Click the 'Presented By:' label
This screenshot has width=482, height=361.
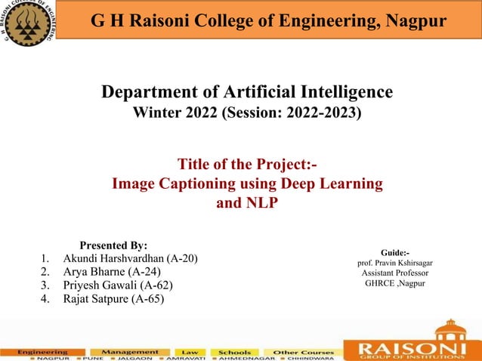[113, 245]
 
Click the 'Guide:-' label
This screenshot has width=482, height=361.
[395, 251]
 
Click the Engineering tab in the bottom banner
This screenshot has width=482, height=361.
[43, 352]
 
